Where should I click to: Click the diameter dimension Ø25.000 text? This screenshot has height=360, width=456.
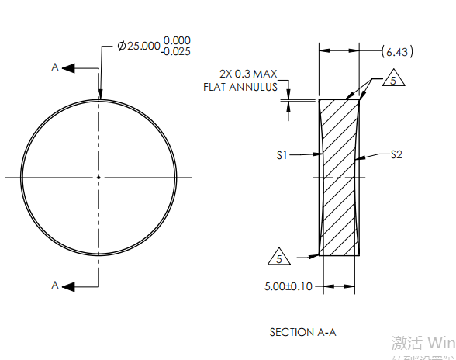coord(138,46)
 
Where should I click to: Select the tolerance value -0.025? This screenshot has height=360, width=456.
coord(177,52)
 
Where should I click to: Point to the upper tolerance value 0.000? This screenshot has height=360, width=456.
coord(178,40)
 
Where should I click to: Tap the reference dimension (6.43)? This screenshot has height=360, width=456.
coord(398,52)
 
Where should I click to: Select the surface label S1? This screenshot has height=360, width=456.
coord(282,155)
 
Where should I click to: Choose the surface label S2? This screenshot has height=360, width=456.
coord(396,154)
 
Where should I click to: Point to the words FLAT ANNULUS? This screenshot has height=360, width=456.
coord(240,87)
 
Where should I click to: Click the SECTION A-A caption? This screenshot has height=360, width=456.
coord(302,332)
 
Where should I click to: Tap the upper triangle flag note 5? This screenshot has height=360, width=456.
coord(394,81)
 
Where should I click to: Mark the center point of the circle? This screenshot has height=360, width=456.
coord(98,178)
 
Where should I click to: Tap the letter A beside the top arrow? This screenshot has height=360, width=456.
coord(55,67)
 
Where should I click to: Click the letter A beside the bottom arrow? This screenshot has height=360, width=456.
coord(55,286)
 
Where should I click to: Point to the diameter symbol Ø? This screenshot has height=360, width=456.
coord(122,46)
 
